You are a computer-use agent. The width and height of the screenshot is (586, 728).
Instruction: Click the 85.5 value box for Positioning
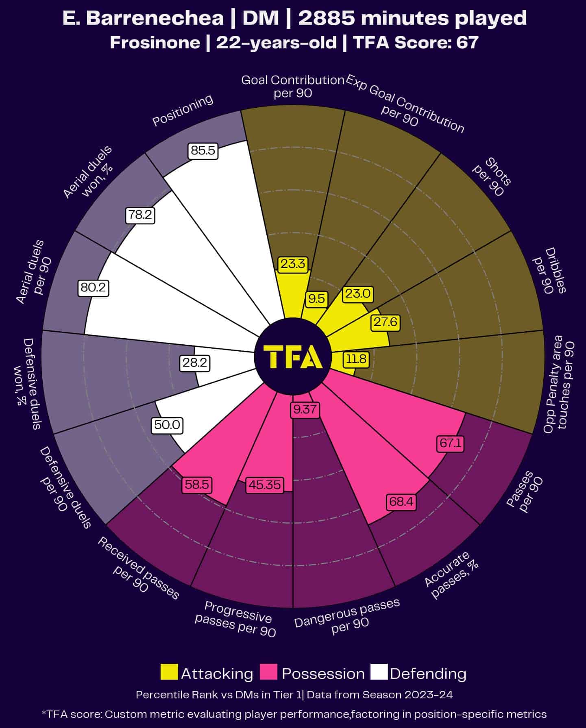tap(203, 151)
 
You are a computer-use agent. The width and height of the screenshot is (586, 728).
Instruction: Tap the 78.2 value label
tap(140, 215)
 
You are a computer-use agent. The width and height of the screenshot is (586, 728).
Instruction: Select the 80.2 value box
tap(93, 288)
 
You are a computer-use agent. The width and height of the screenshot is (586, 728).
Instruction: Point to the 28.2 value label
tap(195, 363)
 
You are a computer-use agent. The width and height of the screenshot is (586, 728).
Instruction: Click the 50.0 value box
tap(167, 425)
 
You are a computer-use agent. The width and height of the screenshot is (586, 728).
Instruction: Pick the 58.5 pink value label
tap(197, 485)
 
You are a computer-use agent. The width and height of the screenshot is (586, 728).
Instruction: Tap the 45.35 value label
tap(265, 485)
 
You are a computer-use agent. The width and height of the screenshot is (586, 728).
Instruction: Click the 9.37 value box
tap(305, 409)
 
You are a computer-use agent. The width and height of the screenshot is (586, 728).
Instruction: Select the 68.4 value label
tap(401, 502)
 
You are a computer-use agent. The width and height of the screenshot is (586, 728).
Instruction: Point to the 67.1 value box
tap(451, 443)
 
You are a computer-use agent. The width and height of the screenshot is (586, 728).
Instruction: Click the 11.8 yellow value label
tap(357, 359)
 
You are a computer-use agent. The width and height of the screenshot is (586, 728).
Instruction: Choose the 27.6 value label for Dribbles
tap(386, 322)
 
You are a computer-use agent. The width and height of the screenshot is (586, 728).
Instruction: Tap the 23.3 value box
tap(293, 264)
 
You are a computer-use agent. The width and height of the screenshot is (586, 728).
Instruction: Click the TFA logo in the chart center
tap(293, 357)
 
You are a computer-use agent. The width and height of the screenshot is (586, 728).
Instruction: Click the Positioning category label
tap(183, 110)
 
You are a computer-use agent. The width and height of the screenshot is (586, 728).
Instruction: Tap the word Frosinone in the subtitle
tap(155, 42)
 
